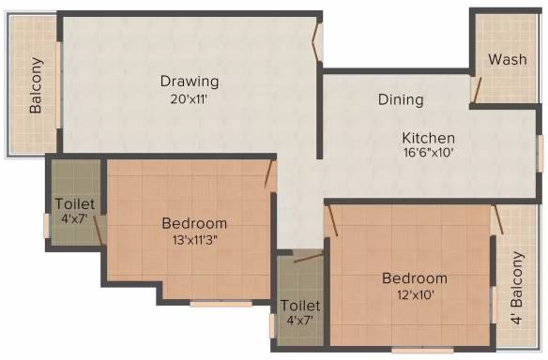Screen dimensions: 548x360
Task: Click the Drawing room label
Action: pyautogui.click(x=190, y=82)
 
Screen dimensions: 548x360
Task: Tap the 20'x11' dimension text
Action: pyautogui.click(x=189, y=99)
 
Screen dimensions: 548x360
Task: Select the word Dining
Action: pyautogui.click(x=401, y=100)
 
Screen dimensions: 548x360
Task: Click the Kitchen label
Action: pyautogui.click(x=429, y=138)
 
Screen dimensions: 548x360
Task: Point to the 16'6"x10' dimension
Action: pyautogui.click(x=429, y=153)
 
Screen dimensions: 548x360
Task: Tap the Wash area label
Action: pyautogui.click(x=508, y=59)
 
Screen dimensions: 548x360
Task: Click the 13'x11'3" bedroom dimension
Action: pyautogui.click(x=194, y=240)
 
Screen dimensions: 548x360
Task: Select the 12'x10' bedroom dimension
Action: pyautogui.click(x=415, y=295)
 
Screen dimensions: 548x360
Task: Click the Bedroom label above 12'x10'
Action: pyautogui.click(x=415, y=278)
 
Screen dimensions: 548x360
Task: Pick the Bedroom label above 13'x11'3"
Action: pyautogui.click(x=194, y=223)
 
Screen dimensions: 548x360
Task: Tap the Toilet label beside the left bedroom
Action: pyautogui.click(x=75, y=204)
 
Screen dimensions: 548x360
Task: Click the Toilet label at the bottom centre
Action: pyautogui.click(x=300, y=306)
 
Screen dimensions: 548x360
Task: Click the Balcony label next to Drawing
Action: pyautogui.click(x=36, y=85)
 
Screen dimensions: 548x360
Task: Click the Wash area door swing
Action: pyautogui.click(x=476, y=90)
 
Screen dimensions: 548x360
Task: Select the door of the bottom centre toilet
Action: pyautogui.click(x=308, y=257)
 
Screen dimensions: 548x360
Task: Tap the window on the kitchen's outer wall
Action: pyautogui.click(x=540, y=154)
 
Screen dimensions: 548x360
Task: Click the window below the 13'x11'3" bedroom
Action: pyautogui.click(x=221, y=304)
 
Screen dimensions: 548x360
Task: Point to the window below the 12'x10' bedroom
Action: pyautogui.click(x=422, y=350)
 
